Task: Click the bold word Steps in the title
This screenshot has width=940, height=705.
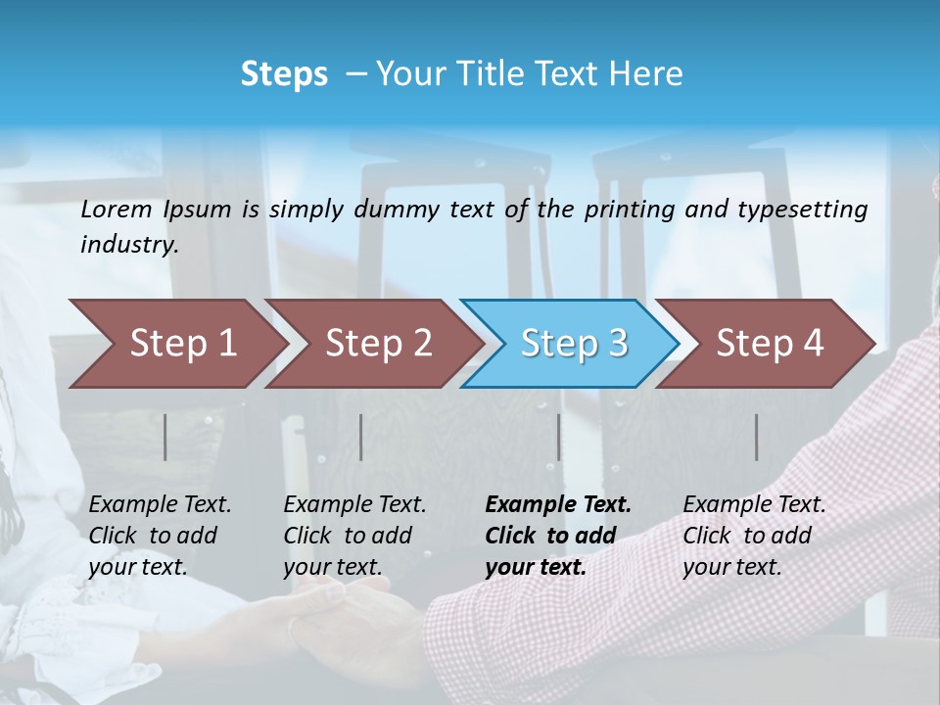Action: [284, 74]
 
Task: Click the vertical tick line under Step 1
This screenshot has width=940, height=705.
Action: [165, 437]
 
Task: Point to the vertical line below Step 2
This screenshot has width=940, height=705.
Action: [361, 437]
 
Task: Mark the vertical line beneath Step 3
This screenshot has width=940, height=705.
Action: [559, 437]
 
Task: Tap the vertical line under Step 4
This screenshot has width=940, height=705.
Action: [757, 437]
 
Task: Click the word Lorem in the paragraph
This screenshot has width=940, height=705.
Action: [117, 210]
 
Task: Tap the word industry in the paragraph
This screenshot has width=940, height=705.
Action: [128, 245]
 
